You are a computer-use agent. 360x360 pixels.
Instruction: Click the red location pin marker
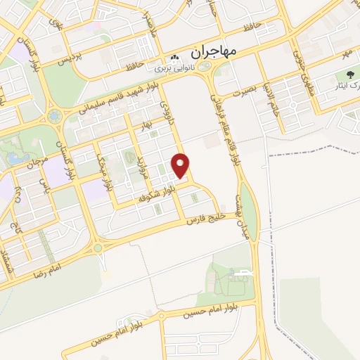pyautogui.click(x=181, y=165)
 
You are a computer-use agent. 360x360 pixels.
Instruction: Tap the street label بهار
pyautogui.click(x=146, y=123)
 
